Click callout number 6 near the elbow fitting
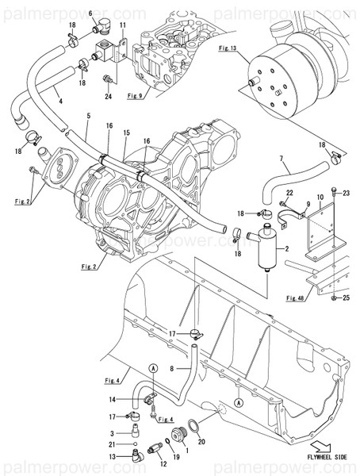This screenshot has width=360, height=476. click(90, 14)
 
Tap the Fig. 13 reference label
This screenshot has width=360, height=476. click(228, 48)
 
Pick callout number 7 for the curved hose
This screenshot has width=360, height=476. click(281, 159)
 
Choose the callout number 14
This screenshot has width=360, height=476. click(113, 398)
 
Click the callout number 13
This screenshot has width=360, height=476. click(112, 458)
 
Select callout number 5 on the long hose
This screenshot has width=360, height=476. click(88, 117)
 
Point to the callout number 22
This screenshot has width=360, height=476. click(290, 194)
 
